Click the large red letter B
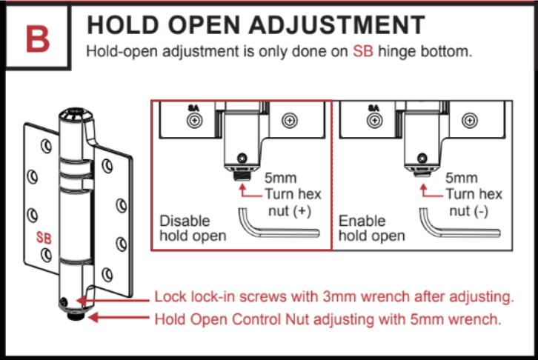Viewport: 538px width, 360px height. point(38,39)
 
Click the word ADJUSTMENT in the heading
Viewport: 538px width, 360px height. point(337,25)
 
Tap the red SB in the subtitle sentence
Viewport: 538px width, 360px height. point(363,51)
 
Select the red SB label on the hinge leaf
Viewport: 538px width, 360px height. point(44,238)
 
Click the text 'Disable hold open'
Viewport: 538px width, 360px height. point(193,228)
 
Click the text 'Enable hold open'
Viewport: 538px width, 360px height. point(371,228)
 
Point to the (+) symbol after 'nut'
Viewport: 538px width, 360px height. point(302,211)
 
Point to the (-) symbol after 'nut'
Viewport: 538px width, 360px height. point(481,211)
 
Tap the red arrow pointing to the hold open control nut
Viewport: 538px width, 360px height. point(119,317)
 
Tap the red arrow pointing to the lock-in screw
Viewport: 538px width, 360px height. point(113,301)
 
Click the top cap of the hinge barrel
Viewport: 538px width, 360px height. point(76,115)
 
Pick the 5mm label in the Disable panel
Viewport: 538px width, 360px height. point(280,178)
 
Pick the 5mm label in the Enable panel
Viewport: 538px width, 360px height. point(462,178)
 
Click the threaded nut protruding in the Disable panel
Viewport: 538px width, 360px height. point(242,176)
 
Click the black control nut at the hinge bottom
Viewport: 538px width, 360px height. point(76,315)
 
